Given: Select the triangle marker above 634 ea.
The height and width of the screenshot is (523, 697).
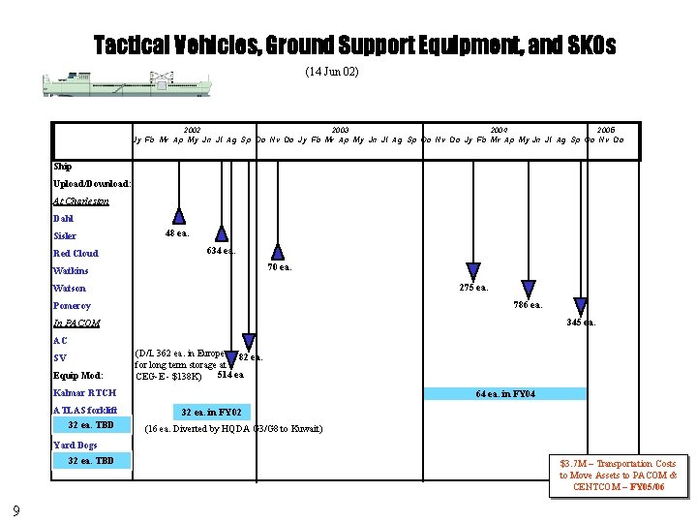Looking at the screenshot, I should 222,232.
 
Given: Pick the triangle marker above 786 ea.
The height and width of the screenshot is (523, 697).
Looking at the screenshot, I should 529,288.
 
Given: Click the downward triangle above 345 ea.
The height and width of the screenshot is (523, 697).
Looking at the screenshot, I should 582,305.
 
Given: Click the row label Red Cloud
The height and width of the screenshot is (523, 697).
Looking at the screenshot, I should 76,254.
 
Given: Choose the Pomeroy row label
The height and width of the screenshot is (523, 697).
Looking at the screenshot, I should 73,306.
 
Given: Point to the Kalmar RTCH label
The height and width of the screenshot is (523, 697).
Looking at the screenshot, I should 84,393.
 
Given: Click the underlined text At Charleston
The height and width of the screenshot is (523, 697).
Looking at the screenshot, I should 81,201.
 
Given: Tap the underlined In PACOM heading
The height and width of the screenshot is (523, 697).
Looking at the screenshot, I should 76,323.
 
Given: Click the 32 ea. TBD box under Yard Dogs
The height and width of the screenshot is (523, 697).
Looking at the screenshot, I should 91,461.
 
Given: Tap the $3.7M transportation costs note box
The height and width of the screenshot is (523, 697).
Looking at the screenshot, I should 617,476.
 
